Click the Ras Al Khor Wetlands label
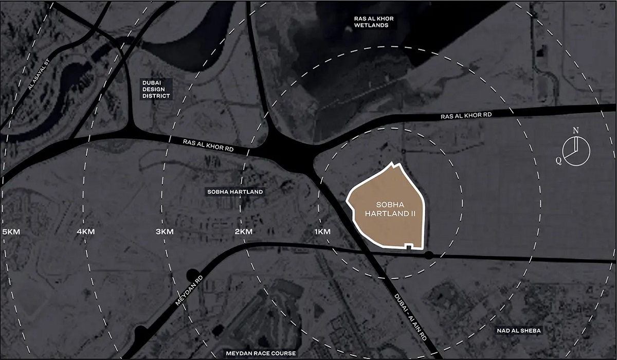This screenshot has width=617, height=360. click(374, 22)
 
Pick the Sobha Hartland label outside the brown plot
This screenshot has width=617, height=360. click(235, 192)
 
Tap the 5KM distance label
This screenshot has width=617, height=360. click(11, 232)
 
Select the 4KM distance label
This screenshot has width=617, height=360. click(86, 232)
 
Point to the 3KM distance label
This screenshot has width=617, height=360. click(165, 232)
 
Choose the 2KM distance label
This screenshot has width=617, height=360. click(243, 232)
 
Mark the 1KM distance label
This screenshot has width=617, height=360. click(322, 232)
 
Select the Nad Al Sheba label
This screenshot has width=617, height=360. click(518, 330)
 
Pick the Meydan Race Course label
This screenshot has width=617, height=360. click(261, 353)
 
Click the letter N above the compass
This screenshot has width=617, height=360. click(576, 131)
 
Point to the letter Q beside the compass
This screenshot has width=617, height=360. click(558, 160)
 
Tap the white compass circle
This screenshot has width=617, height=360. click(576, 152)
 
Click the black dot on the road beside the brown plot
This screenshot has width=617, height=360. click(428, 255)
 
